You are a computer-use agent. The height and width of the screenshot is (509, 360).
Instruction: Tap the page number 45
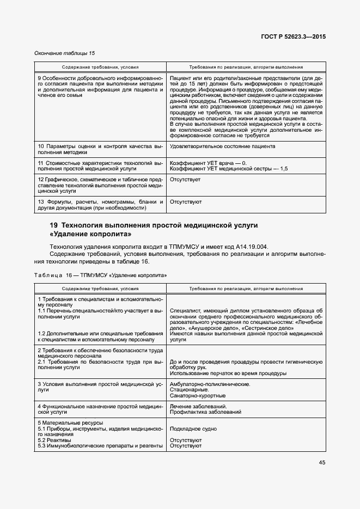(322, 463)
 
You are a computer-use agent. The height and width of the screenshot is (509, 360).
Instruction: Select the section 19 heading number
(53, 225)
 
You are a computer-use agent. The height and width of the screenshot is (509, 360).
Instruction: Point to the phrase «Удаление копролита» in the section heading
(90, 234)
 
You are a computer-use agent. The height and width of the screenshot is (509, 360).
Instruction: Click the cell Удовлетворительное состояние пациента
(222, 146)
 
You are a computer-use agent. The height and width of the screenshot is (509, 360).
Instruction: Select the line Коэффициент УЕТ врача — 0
(209, 163)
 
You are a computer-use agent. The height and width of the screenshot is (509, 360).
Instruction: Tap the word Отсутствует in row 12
(185, 179)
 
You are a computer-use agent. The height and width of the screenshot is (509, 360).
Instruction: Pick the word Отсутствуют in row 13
(186, 201)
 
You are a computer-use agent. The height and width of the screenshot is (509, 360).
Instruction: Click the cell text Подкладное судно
(193, 429)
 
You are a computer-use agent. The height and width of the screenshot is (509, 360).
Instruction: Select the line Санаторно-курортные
(196, 396)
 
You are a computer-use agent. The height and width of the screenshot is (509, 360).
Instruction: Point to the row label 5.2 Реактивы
(54, 440)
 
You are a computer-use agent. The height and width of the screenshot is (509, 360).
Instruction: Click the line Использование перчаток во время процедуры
(228, 373)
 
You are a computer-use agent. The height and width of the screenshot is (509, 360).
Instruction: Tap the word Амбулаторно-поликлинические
(210, 384)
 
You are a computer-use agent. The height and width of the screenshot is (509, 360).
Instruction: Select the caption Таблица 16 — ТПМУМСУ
(101, 276)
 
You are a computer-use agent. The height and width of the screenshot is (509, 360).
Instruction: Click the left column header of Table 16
(100, 289)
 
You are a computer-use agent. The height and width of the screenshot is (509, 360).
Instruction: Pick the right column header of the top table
(246, 68)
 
